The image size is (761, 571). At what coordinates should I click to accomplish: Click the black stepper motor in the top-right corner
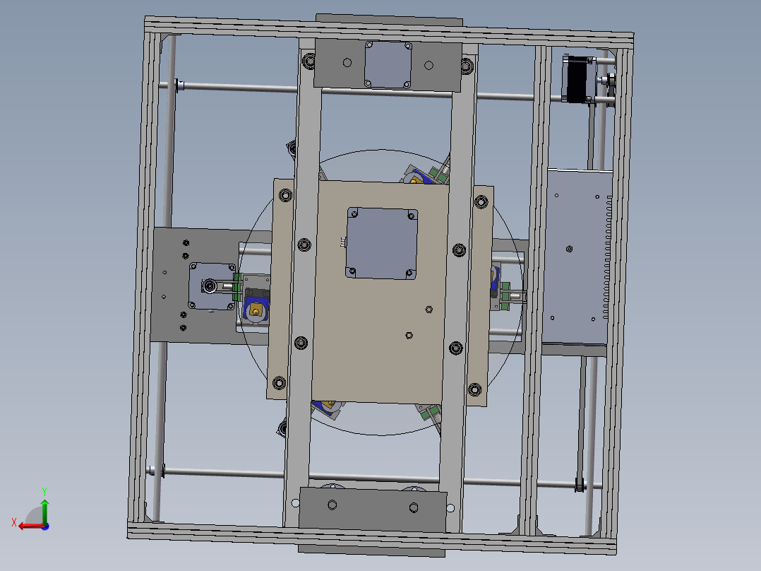coord(580,79)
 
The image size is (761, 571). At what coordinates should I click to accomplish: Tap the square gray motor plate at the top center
coord(388,64)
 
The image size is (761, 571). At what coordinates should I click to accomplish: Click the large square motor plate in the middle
coord(382,243)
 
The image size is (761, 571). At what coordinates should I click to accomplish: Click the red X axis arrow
coord(30,525)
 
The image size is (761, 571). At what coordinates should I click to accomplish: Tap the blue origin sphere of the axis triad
coord(44,526)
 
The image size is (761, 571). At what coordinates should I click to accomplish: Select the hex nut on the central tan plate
coord(428,309)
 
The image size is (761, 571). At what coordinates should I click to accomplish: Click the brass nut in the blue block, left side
coord(255,310)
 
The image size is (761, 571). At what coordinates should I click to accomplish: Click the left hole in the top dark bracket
coord(347,63)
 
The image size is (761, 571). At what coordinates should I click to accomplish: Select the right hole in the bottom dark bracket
coord(414,507)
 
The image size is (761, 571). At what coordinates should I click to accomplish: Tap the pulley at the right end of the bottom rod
coord(580,485)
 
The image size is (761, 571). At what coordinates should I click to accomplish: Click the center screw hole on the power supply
coord(570,249)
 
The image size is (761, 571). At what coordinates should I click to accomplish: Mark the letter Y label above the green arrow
coord(44,490)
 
